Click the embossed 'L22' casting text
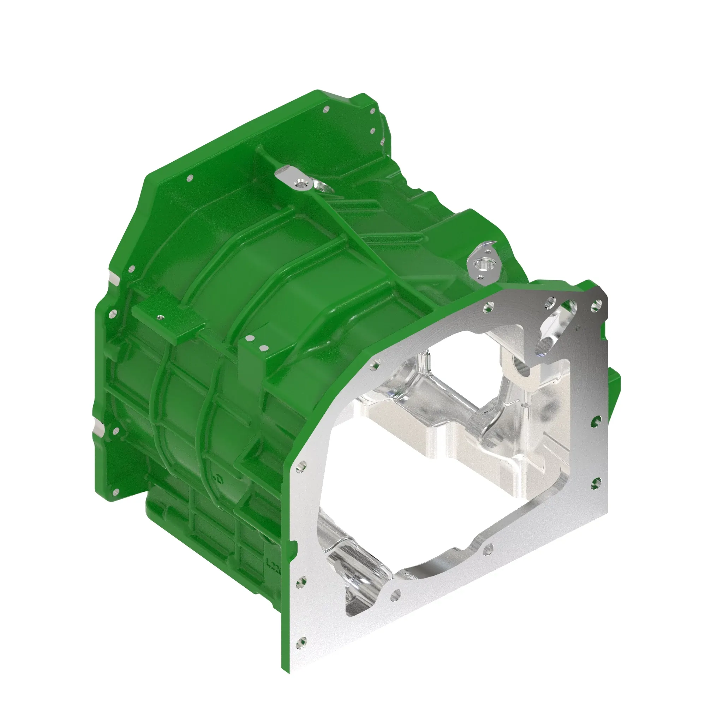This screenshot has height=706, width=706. pyautogui.click(x=273, y=572)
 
